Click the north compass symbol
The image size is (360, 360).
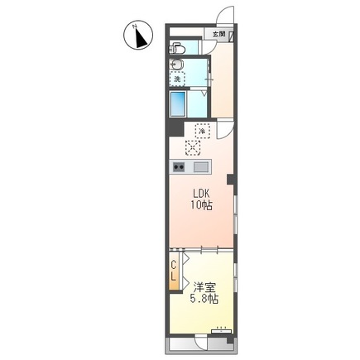tap(138, 36)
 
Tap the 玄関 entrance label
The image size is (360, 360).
tap(218, 34)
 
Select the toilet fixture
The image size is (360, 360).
tap(177, 49)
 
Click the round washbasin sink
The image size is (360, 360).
tap(176, 65)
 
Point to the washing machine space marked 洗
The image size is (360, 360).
tap(177, 79)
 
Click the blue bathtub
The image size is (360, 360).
tap(177, 104)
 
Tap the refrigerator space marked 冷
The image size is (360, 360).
tap(202, 131)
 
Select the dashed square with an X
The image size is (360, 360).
tap(193, 147)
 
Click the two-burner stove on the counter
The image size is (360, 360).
tap(179, 167)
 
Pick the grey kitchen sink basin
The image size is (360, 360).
tap(201, 167)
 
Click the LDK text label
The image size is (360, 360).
tap(202, 194)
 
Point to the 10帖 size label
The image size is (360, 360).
tap(202, 205)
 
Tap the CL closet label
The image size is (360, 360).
tap(174, 271)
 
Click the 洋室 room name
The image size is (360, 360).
tap(204, 287)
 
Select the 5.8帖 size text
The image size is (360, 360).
tap(204, 299)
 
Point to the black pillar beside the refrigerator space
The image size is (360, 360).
tap(176, 128)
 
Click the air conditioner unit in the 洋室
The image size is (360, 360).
tap(222, 331)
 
